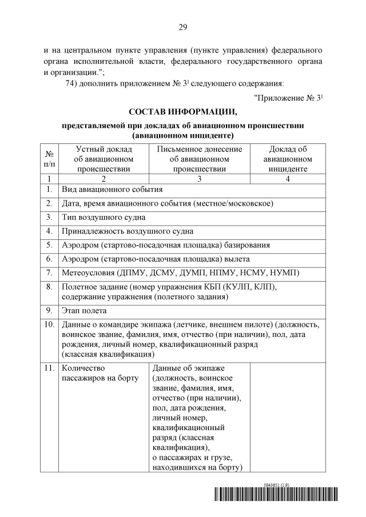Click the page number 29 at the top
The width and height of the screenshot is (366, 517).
pyautogui.click(x=183, y=27)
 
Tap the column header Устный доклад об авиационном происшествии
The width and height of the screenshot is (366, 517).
pyautogui.click(x=104, y=159)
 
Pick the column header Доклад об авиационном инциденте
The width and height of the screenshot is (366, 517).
pyautogui.click(x=288, y=159)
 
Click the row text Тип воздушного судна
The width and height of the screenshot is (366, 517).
pyautogui.click(x=103, y=217)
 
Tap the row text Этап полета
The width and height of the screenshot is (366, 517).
pyautogui.click(x=84, y=311)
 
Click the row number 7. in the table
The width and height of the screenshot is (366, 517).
pyautogui.click(x=49, y=272)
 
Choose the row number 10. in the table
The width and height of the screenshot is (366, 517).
pyautogui.click(x=49, y=325)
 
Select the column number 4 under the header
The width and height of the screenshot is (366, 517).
pyautogui.click(x=288, y=179)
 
